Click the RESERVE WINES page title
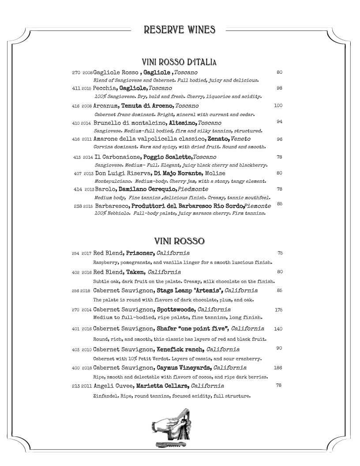(x=180, y=30)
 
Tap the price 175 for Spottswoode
(x=278, y=310)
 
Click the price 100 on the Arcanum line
(x=278, y=106)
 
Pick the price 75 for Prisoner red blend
(x=280, y=253)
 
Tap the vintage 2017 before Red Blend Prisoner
(x=86, y=254)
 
